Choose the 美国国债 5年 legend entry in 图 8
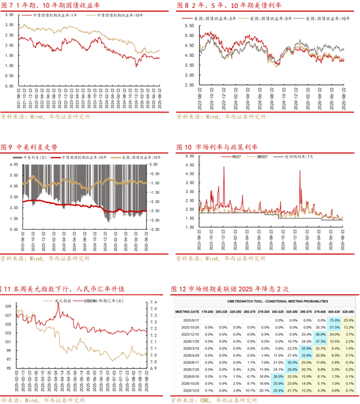point(269,20)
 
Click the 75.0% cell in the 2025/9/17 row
point(334,320)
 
